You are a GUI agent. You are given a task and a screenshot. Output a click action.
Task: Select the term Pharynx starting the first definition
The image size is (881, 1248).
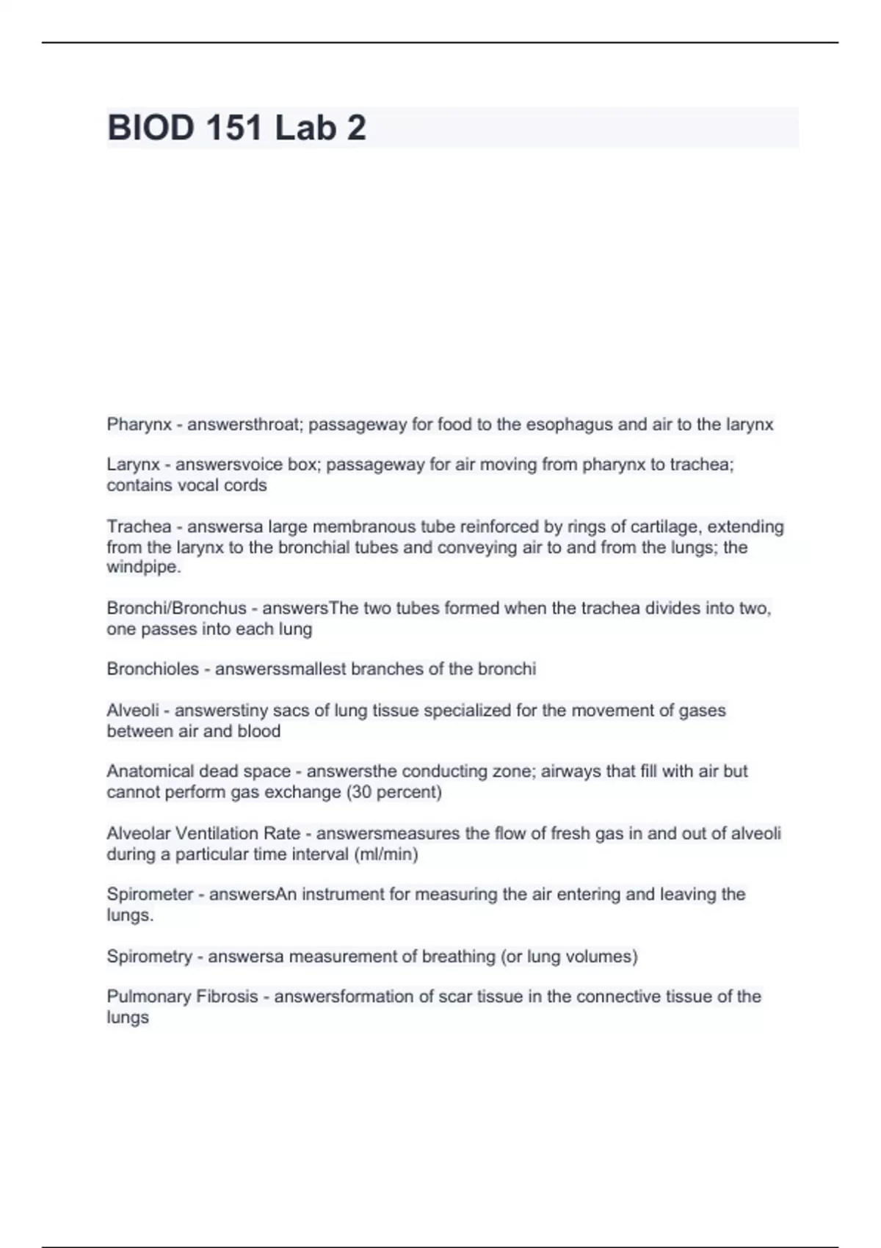click(139, 424)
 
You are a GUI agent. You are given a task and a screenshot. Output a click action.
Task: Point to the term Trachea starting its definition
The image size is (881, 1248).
click(139, 526)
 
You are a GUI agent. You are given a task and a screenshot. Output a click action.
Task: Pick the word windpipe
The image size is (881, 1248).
click(142, 567)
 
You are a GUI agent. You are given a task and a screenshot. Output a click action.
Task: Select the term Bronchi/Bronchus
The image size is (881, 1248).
click(176, 608)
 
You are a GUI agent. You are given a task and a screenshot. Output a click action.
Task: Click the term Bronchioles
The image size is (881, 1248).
click(153, 669)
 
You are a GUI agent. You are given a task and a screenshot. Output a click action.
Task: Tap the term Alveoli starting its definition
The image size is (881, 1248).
click(133, 710)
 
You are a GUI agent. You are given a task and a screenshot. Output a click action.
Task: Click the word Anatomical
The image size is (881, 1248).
click(151, 771)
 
